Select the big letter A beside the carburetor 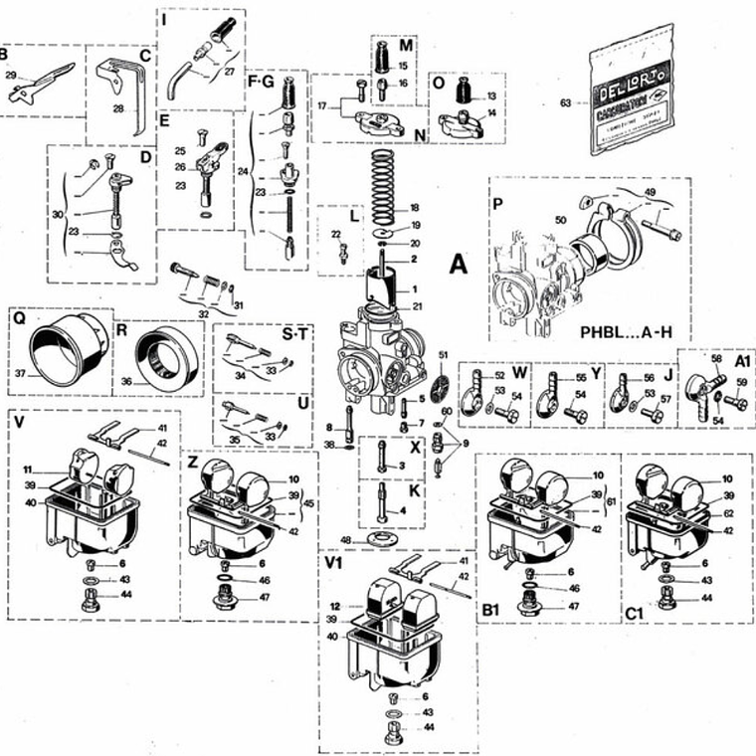pos(459,264)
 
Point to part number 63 pos(566,101)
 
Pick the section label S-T pos(295,336)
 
